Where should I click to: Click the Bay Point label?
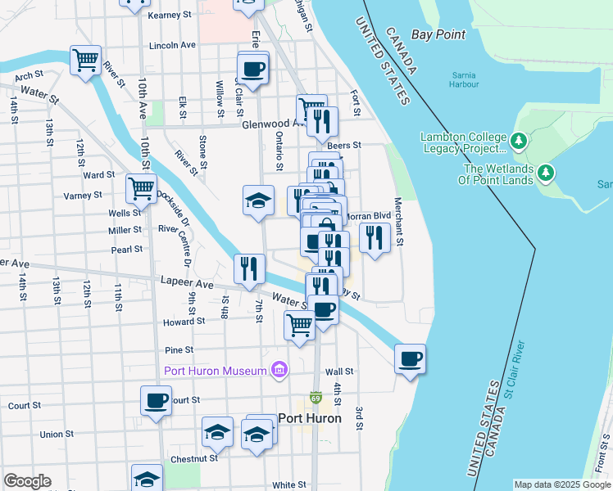click(x=438, y=34)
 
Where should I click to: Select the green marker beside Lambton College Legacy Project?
click(x=519, y=143)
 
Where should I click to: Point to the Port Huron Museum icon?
click(x=280, y=371)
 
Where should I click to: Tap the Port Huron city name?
click(x=310, y=418)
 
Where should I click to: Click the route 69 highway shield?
click(x=316, y=398)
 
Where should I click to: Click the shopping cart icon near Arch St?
click(x=85, y=61)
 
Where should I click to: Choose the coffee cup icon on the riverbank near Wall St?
click(x=410, y=358)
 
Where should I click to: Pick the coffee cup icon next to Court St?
click(x=156, y=401)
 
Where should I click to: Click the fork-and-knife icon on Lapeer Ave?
click(x=249, y=268)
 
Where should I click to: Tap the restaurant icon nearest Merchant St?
click(x=375, y=238)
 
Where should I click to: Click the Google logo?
click(x=27, y=481)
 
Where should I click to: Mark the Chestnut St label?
click(x=193, y=459)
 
